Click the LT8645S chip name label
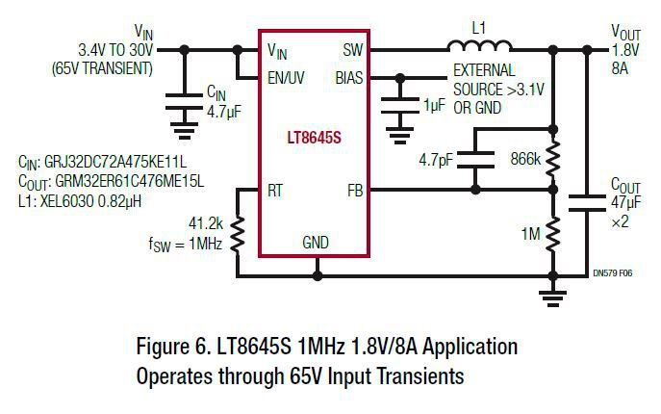tap(315, 137)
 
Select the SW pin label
tap(353, 49)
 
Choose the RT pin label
tap(276, 191)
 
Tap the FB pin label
tap(355, 191)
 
